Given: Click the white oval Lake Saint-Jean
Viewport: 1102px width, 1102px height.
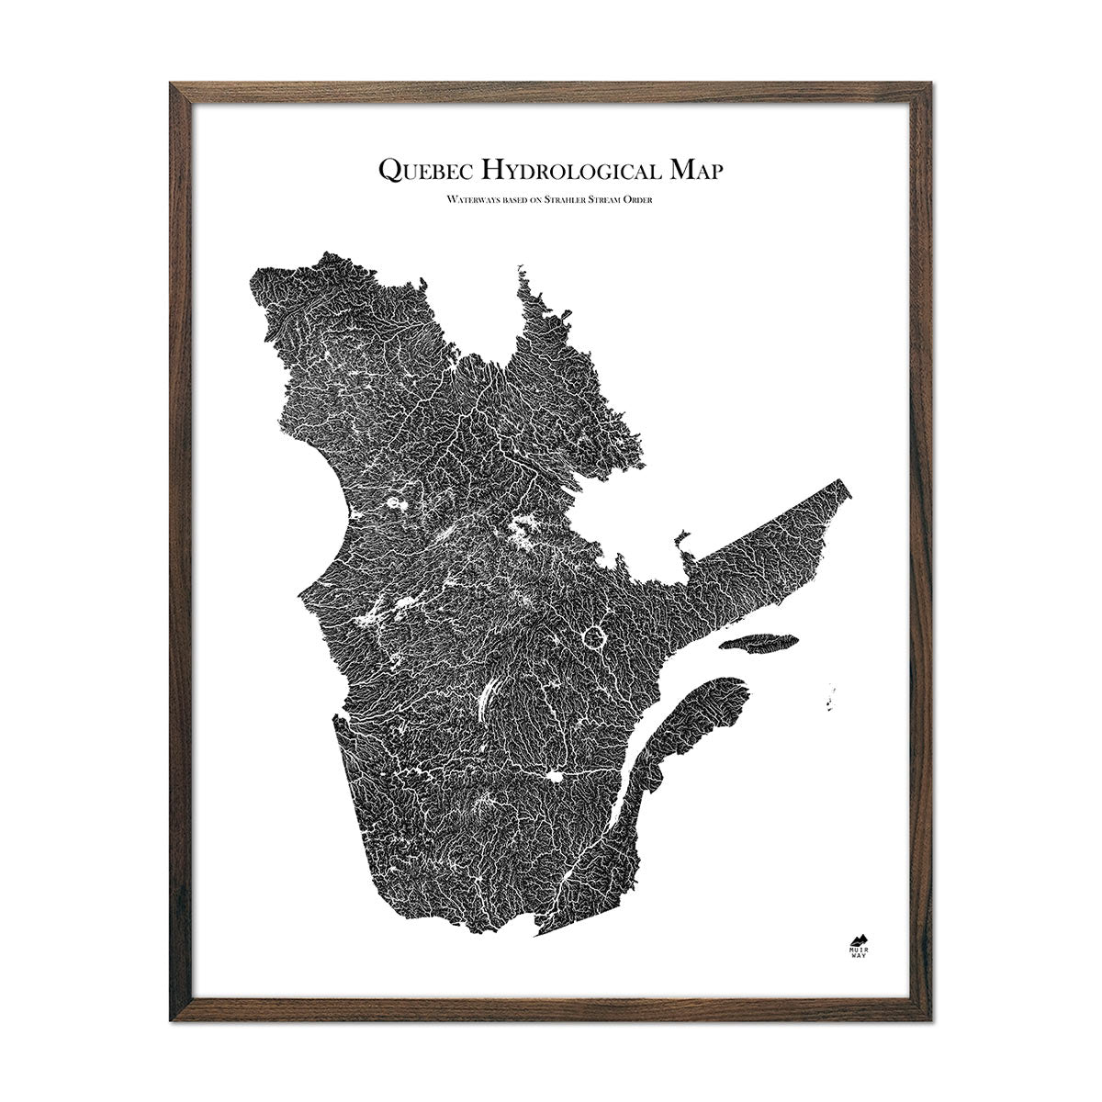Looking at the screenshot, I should tap(556, 779).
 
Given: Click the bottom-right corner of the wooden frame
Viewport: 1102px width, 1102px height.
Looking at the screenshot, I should tap(933, 1015).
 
